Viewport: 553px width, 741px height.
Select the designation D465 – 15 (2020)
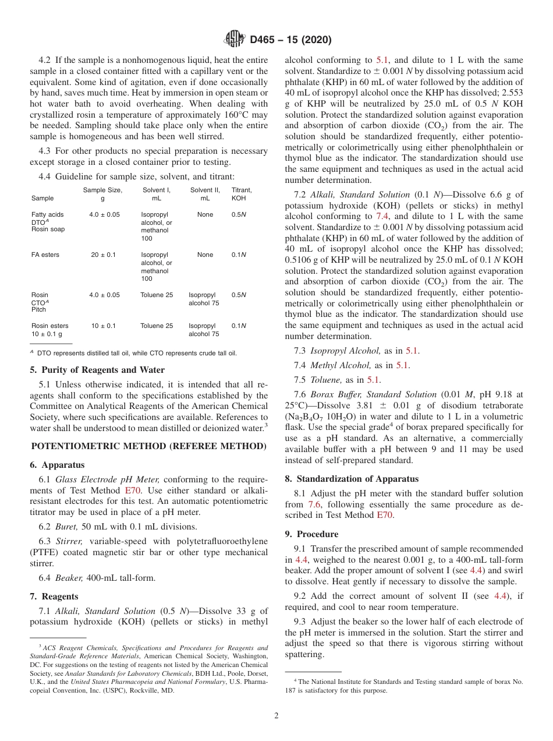[x=290, y=40]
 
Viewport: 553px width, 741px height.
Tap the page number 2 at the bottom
[x=276, y=715]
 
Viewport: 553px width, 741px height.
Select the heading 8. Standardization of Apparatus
[x=352, y=479]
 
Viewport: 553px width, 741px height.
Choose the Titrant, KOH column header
[x=242, y=194]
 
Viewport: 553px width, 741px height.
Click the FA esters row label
[x=45, y=255]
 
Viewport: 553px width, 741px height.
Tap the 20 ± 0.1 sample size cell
[x=102, y=255]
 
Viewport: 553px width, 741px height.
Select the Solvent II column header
[x=205, y=194]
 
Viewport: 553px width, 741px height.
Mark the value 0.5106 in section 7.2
[x=301, y=260]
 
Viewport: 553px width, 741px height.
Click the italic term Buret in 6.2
[x=67, y=526]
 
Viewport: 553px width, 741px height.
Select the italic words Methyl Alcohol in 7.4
[x=340, y=365]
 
